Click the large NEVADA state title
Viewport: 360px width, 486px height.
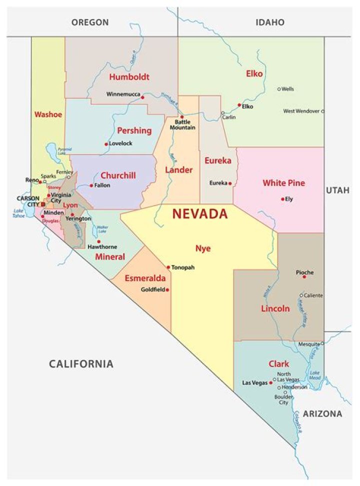pyautogui.click(x=200, y=214)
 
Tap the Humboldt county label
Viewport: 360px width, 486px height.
pyautogui.click(x=129, y=77)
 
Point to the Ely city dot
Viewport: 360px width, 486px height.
pyautogui.click(x=283, y=198)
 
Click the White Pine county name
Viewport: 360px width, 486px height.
pyautogui.click(x=283, y=183)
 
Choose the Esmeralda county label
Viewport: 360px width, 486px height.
pyautogui.click(x=145, y=278)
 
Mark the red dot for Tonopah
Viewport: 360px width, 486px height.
pyautogui.click(x=168, y=267)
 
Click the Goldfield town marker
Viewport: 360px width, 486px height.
pyautogui.click(x=167, y=289)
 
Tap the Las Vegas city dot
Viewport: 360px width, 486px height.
pyautogui.click(x=270, y=383)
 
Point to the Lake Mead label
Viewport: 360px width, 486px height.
pyautogui.click(x=314, y=375)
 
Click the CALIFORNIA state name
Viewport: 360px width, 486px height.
pyautogui.click(x=81, y=363)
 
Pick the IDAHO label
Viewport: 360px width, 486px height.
pyautogui.click(x=269, y=22)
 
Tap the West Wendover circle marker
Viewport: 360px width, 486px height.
pyautogui.click(x=322, y=111)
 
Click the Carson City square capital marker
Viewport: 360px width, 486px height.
pyautogui.click(x=43, y=204)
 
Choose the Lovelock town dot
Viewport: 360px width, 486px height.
pyautogui.click(x=106, y=144)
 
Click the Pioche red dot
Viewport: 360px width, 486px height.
pyautogui.click(x=304, y=276)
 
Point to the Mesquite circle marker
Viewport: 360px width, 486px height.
pyautogui.click(x=322, y=343)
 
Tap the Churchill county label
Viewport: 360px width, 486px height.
pyautogui.click(x=118, y=175)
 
